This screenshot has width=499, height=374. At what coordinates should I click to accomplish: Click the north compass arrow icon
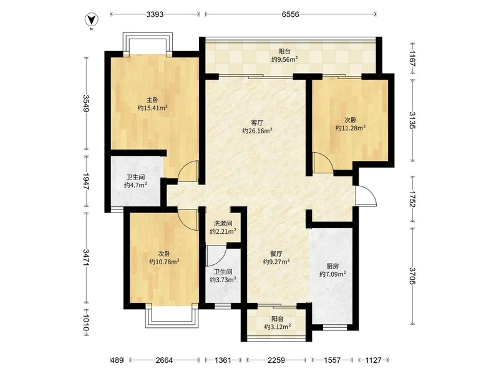tap(91, 20)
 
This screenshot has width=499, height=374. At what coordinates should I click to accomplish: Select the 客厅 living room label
tap(257, 123)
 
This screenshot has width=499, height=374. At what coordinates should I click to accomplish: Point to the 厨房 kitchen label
tap(332, 266)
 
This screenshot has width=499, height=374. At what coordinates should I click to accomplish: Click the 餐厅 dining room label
tap(276, 254)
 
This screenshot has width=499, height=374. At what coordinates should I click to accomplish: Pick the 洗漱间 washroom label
tap(223, 224)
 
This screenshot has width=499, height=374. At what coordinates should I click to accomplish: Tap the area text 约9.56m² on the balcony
tap(284, 59)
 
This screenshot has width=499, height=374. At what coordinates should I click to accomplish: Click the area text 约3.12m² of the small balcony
tap(278, 327)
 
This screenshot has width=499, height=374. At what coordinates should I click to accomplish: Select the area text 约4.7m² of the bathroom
tap(135, 185)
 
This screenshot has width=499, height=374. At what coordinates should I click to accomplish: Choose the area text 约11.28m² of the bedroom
tap(351, 128)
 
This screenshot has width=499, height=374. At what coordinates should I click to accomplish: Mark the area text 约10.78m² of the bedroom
tap(164, 262)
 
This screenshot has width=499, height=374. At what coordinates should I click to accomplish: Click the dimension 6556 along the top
tap(290, 14)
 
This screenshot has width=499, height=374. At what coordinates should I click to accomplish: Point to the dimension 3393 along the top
tap(155, 14)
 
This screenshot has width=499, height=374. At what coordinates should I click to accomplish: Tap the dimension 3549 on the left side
tap(86, 103)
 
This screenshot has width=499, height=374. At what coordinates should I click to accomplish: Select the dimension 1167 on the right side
tap(412, 58)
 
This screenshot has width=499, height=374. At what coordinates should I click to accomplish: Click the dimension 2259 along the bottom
tap(276, 360)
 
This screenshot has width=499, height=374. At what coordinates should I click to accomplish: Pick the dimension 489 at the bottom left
tap(117, 360)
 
